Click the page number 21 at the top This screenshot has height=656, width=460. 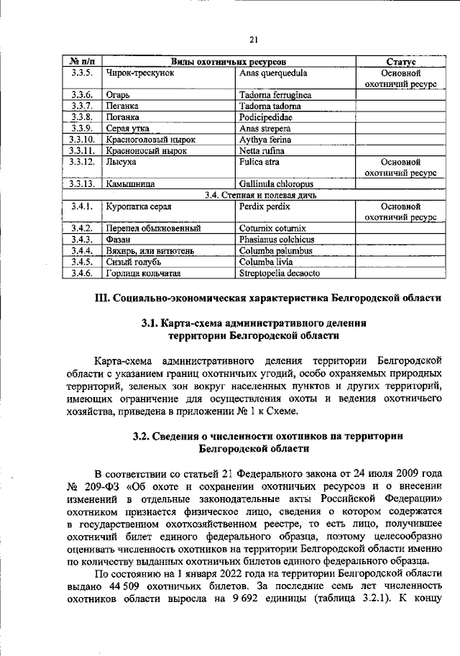click(253, 40)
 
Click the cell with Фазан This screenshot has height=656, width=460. click(119, 240)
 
